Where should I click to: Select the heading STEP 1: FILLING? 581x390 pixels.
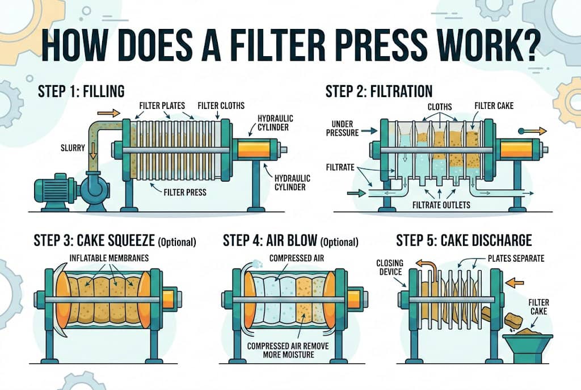point(81,91)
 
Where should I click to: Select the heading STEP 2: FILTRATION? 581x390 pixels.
point(378,91)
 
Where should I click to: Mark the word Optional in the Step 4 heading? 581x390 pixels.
point(339,242)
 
